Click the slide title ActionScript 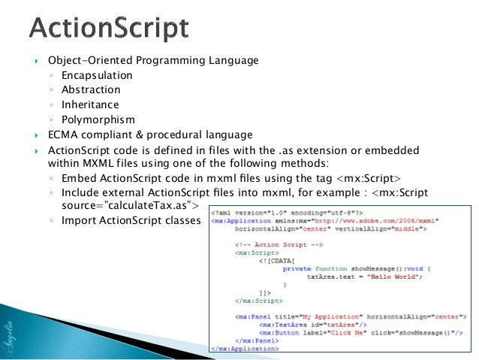tap(109, 29)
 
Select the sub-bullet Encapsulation tap(97, 75)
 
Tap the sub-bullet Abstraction tap(91, 90)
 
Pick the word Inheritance tap(90, 104)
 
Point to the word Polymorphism tap(98, 119)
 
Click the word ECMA tap(64, 135)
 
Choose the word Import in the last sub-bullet tap(80, 220)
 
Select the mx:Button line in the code tap(345, 331)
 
